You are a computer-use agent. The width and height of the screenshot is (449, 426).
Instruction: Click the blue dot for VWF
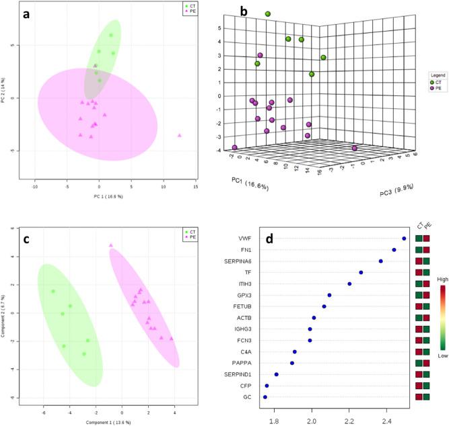tap(404, 239)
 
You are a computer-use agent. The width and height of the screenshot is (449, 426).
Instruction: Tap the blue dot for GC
tap(265, 397)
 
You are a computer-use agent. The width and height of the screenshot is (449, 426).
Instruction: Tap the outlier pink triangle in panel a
tap(180, 135)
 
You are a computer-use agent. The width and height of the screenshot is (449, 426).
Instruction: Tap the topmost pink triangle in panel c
tap(111, 245)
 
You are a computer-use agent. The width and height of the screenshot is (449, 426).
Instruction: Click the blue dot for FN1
tap(394, 250)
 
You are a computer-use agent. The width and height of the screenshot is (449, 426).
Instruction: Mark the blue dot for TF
tap(361, 272)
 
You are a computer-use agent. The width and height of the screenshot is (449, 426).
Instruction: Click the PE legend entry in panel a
tap(193, 11)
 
